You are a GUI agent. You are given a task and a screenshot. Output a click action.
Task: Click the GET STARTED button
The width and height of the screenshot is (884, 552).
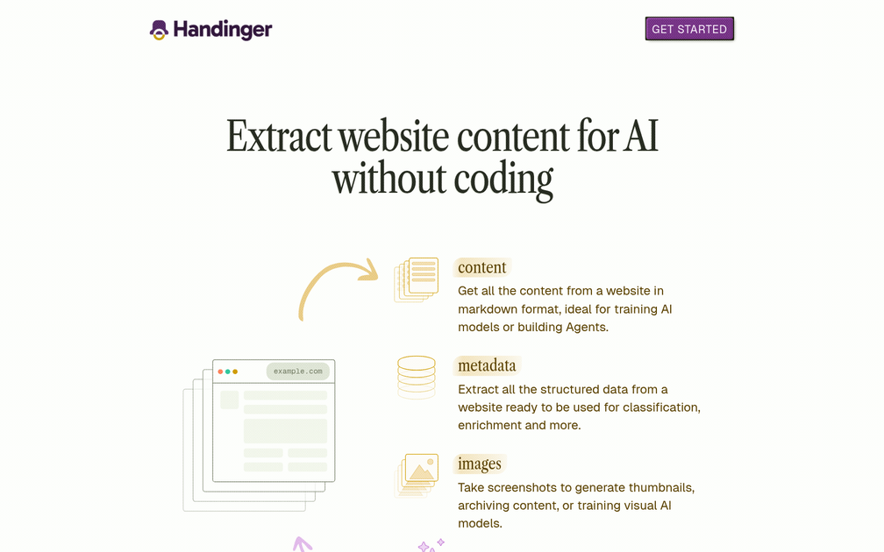pos(689,29)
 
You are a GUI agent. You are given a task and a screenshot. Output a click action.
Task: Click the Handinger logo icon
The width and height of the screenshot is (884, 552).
pos(159,30)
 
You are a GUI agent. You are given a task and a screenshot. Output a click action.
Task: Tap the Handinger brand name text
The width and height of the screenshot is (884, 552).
pos(223,30)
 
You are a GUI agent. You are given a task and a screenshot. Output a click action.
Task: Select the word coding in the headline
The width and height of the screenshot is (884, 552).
pos(503,180)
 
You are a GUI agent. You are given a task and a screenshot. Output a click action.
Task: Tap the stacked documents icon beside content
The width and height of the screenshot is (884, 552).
pos(417,280)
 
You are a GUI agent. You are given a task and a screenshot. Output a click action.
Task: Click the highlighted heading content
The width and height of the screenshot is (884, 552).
pos(481,267)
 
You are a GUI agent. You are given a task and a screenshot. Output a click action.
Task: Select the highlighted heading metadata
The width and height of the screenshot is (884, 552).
pos(487,365)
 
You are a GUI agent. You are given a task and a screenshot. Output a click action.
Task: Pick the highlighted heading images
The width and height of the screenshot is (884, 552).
pos(480,464)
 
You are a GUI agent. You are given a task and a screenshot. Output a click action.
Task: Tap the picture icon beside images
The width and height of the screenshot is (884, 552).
pos(417,475)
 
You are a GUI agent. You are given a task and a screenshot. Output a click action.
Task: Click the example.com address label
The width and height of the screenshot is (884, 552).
pos(297,372)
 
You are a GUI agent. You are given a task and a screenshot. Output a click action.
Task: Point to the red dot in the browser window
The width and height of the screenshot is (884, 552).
pos(220,372)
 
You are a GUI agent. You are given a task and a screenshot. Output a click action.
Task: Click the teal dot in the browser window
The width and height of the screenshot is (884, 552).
pos(228,372)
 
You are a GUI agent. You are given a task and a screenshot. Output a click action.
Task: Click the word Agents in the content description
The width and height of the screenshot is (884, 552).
pos(583,327)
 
